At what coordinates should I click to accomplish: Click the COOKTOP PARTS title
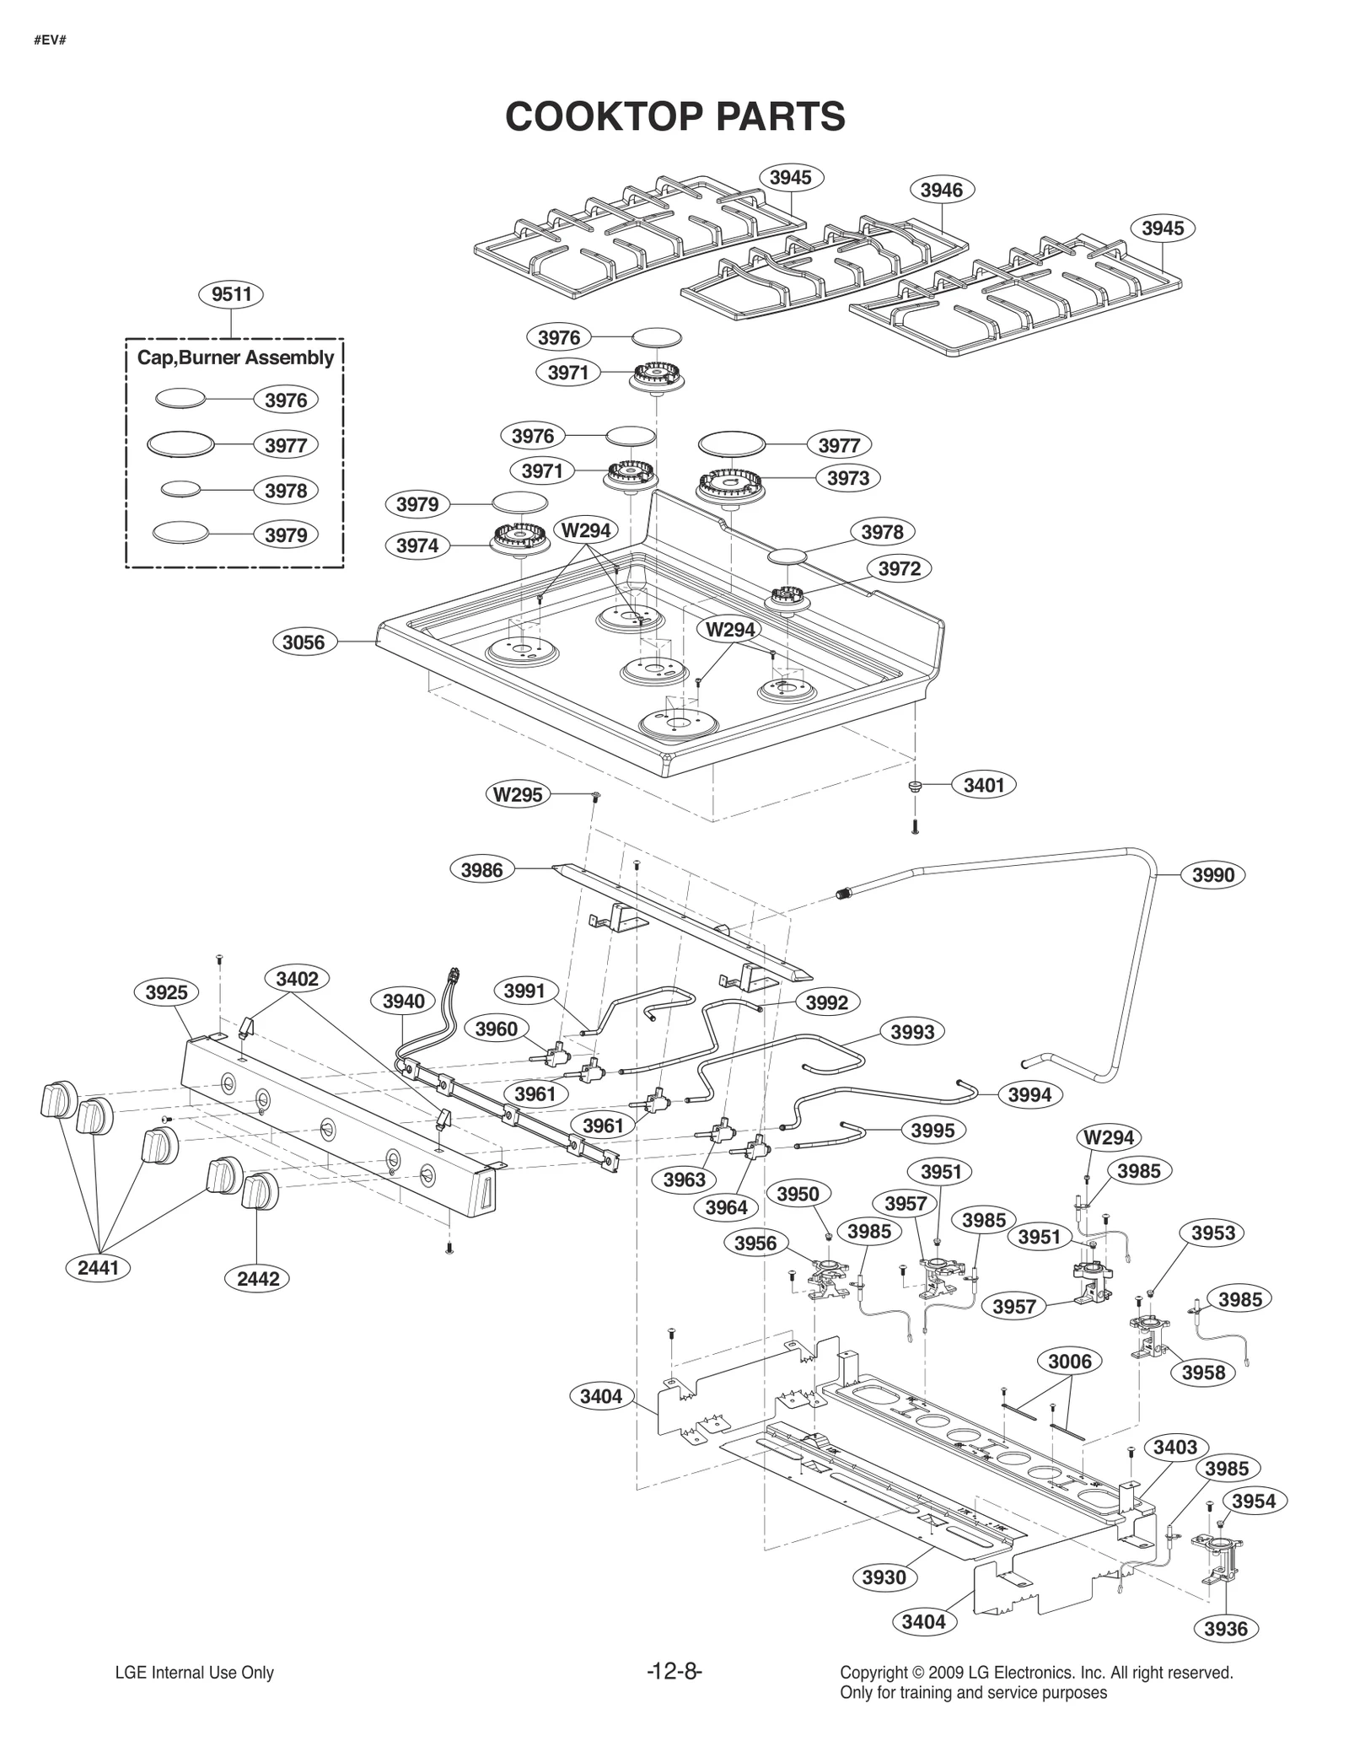pos(674,116)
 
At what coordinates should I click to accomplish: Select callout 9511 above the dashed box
pos(232,294)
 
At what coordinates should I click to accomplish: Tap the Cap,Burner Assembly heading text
pos(235,357)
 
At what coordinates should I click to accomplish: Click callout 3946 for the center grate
pos(941,191)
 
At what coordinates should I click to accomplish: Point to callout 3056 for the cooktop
pos(304,642)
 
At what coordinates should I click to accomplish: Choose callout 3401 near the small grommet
pos(984,785)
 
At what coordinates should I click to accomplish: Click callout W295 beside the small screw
pos(518,794)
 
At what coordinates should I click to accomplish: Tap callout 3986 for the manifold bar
pos(481,870)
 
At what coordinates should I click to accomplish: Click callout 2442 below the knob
pos(258,1279)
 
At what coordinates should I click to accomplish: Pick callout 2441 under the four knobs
pos(99,1267)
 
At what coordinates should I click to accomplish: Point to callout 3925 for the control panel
pos(166,992)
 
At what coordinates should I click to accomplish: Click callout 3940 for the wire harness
pos(403,1002)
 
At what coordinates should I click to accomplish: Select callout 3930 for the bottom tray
pos(884,1577)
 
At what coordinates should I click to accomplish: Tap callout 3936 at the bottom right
pos(1225,1629)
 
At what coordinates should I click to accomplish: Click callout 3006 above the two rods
pos(1069,1362)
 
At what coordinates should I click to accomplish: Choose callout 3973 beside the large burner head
pos(847,478)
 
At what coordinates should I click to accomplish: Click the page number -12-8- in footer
pos(674,1673)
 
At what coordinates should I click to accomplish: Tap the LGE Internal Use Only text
pos(194,1673)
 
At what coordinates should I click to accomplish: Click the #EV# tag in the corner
pos(50,40)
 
